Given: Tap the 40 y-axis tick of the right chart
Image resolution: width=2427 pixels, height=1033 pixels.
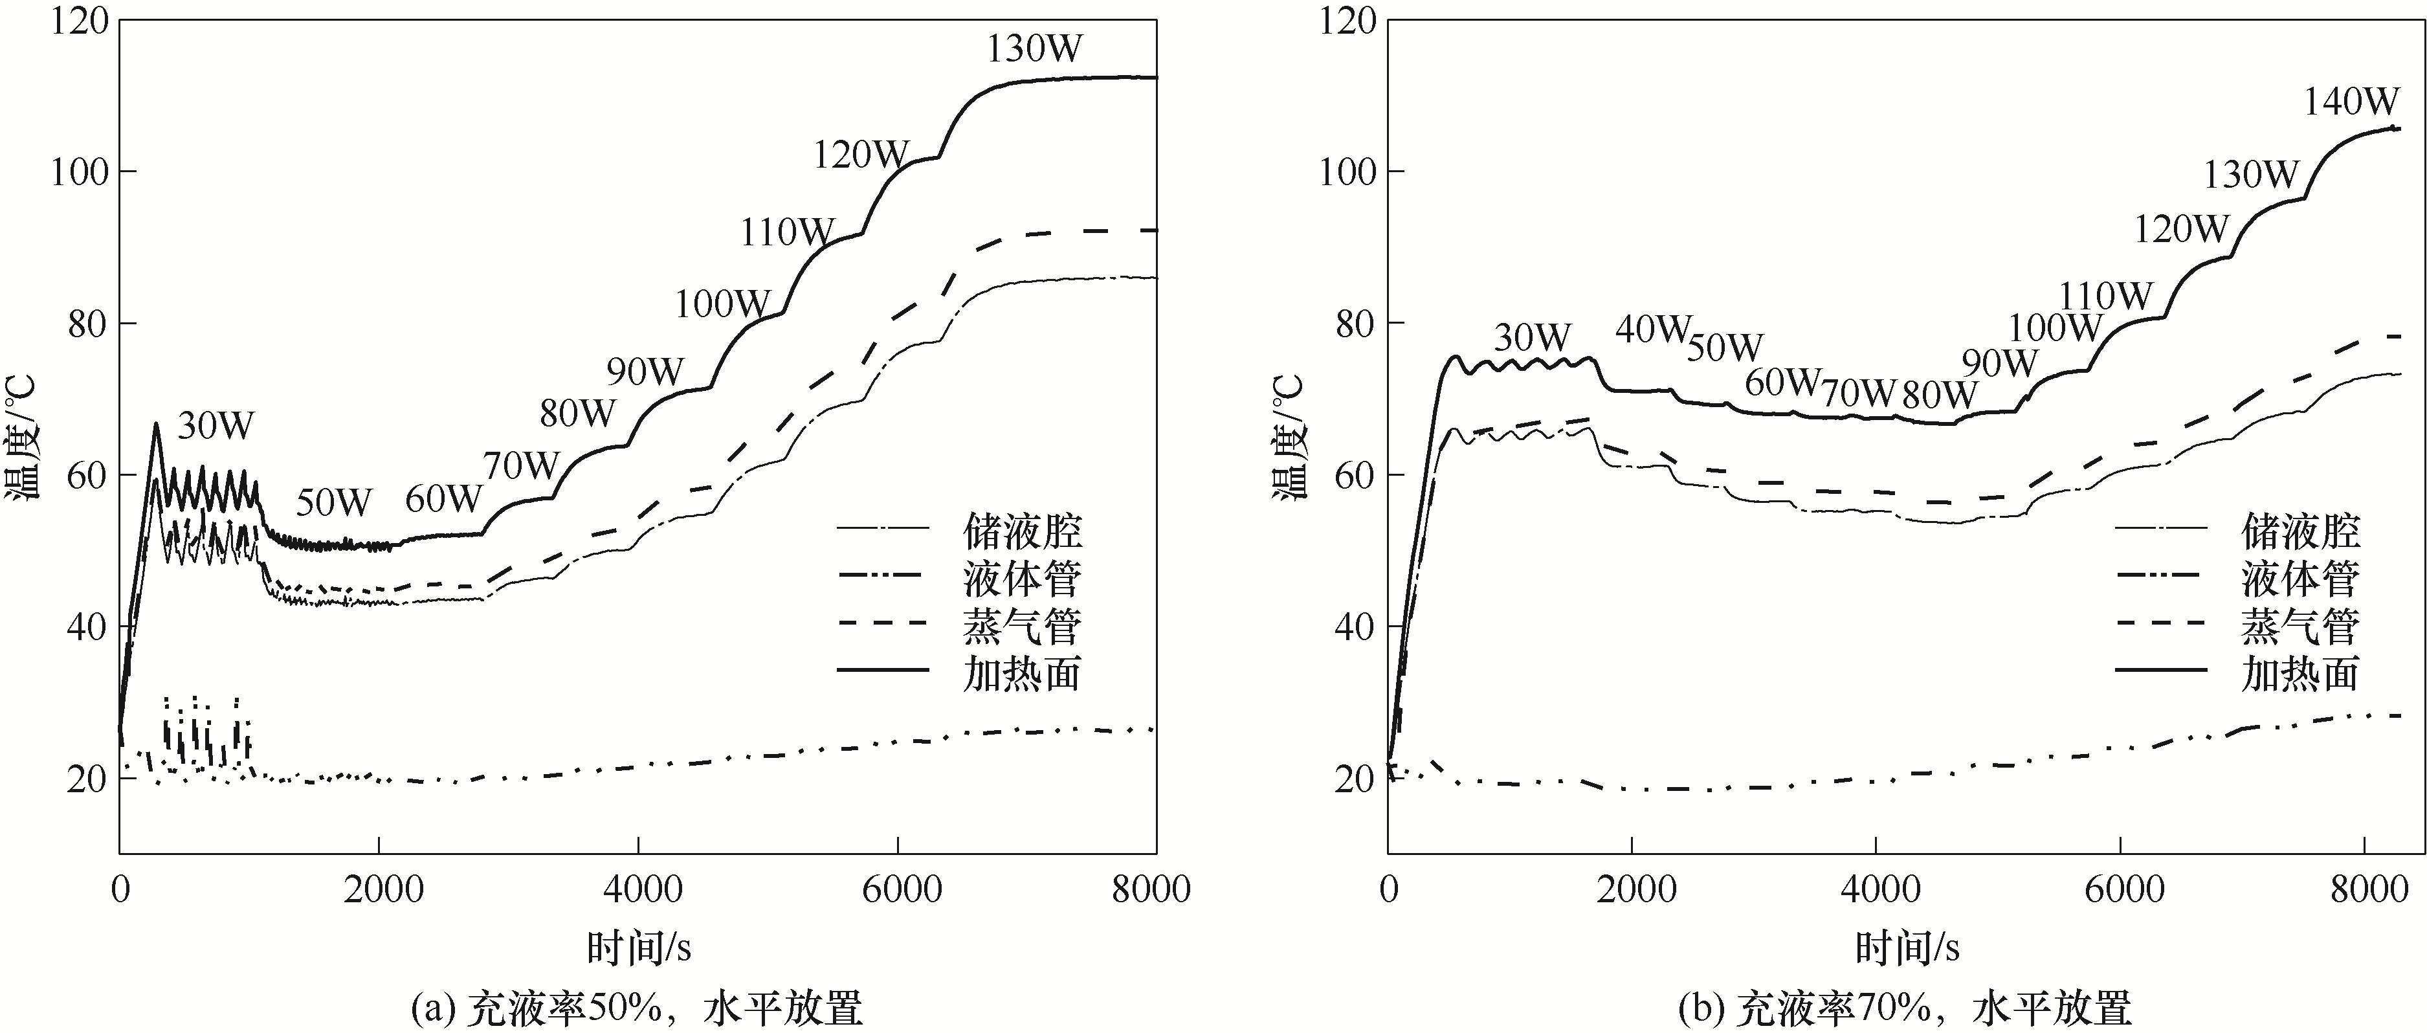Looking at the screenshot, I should pyautogui.click(x=1355, y=627).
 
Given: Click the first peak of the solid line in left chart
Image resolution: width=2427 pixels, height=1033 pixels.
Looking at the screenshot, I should pyautogui.click(x=157, y=424).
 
